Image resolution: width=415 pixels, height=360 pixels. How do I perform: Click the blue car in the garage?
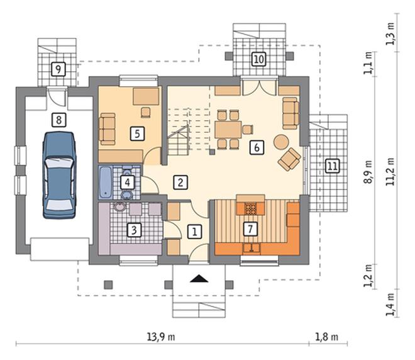click(x=59, y=175)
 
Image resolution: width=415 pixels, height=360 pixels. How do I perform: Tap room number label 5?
click(x=137, y=133)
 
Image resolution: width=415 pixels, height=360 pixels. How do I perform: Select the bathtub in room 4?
click(x=106, y=183)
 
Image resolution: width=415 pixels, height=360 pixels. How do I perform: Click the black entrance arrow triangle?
click(x=199, y=279)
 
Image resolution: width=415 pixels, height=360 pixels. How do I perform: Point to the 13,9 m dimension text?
click(x=161, y=337)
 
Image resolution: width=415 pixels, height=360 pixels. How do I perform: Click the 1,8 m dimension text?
click(x=327, y=337)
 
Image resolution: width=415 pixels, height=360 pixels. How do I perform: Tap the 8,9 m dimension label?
click(x=368, y=172)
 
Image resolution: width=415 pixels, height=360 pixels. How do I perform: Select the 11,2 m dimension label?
click(x=390, y=172)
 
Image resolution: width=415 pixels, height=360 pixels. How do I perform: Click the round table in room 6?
click(x=281, y=142)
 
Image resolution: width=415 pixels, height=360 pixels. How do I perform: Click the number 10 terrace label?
click(x=259, y=59)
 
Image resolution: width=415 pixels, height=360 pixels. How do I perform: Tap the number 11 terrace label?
click(x=333, y=166)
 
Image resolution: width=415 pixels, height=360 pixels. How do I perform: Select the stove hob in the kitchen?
click(x=250, y=208)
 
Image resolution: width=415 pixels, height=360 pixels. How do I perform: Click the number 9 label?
click(x=58, y=69)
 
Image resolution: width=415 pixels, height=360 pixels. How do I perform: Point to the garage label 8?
click(x=58, y=120)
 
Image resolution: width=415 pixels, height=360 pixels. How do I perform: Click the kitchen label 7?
click(x=250, y=228)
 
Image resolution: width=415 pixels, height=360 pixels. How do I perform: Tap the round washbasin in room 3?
click(x=120, y=207)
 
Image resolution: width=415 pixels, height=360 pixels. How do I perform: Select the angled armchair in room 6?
click(x=289, y=159)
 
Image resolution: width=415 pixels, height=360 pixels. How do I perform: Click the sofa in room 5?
click(x=107, y=129)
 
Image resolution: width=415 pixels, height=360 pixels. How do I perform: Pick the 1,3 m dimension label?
click(x=390, y=34)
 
